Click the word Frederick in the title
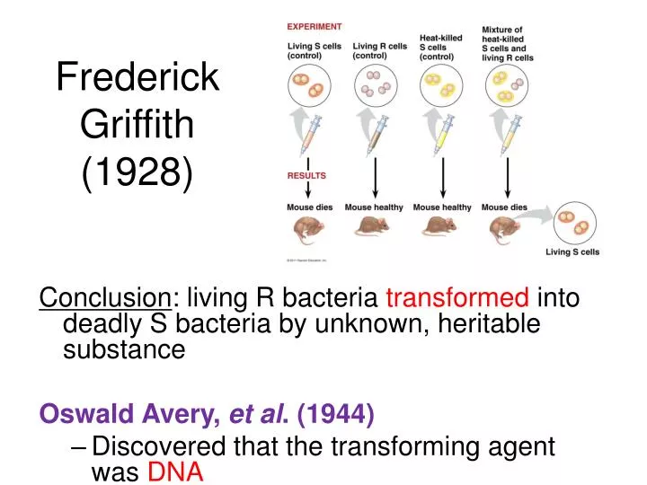(x=137, y=77)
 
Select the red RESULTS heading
(x=306, y=176)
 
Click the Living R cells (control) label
(x=379, y=51)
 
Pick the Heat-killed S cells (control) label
(x=441, y=47)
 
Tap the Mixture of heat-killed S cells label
(x=508, y=44)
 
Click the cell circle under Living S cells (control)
(x=308, y=86)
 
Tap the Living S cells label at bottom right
(x=572, y=252)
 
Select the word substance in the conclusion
(x=123, y=349)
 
